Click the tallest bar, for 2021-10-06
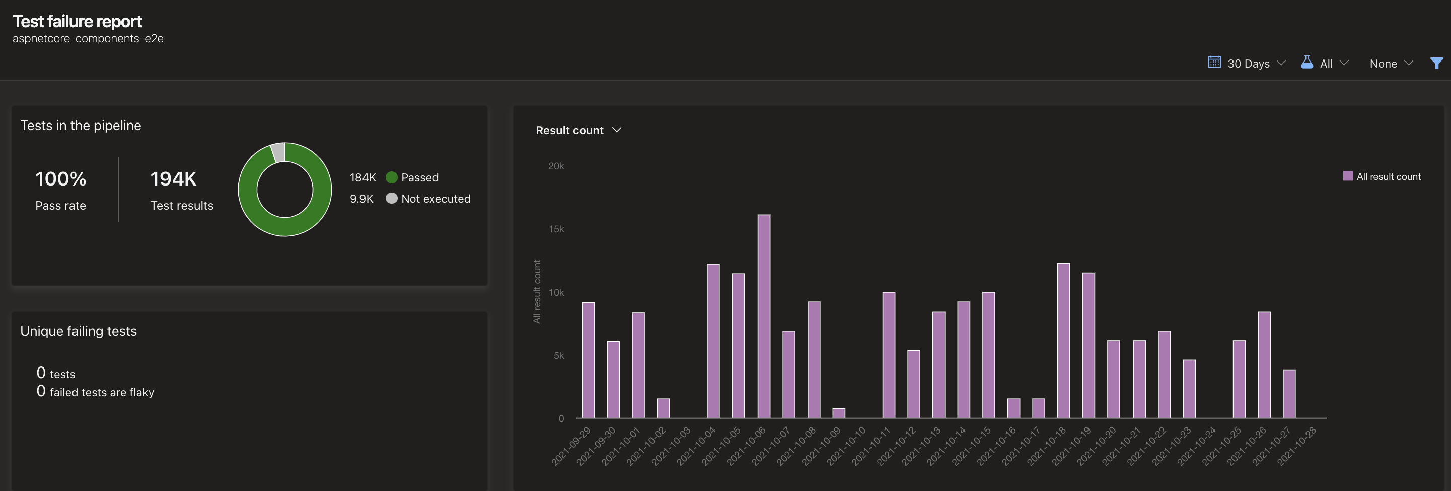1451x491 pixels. click(x=764, y=316)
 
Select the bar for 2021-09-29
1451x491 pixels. click(x=588, y=361)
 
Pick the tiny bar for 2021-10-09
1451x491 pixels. click(x=839, y=413)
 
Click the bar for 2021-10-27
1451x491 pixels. click(x=1289, y=394)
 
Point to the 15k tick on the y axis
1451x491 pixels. click(x=556, y=229)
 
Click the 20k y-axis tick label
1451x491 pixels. click(x=556, y=166)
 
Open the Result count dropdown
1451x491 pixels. click(x=578, y=130)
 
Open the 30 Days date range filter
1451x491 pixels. click(x=1247, y=63)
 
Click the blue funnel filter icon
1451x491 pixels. click(x=1436, y=63)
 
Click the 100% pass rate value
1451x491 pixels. click(x=61, y=179)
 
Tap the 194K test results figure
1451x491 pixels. click(x=173, y=179)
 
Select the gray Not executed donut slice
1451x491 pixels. click(x=278, y=152)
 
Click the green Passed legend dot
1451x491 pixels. click(x=392, y=177)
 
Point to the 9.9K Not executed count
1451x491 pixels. click(x=361, y=199)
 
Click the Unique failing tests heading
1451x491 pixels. click(x=79, y=331)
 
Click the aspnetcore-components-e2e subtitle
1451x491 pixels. click(x=88, y=39)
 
